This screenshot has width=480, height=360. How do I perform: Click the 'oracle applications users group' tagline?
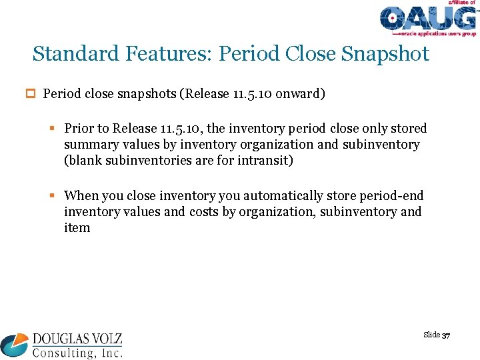[437, 33]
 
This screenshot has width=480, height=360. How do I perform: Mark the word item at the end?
[77, 227]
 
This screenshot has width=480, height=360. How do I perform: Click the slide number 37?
[446, 335]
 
